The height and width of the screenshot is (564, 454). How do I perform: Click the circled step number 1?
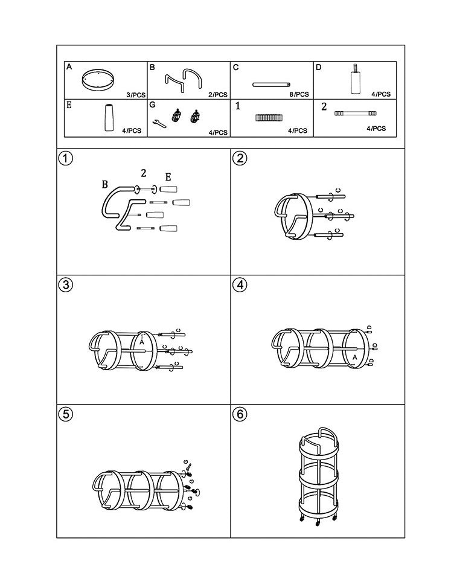point(65,158)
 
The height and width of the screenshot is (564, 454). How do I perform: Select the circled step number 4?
point(240,285)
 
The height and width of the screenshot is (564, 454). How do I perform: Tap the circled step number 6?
point(240,414)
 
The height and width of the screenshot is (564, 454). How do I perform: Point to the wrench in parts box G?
point(159,123)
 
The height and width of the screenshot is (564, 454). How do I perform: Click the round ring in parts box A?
point(98,80)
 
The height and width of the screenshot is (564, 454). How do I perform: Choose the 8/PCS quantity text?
point(299,94)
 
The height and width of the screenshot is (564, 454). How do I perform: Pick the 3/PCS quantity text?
point(136,95)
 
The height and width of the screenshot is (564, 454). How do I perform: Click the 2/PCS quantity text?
point(218,95)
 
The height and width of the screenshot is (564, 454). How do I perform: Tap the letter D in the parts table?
point(318,67)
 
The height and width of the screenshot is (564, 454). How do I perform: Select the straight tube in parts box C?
point(271,85)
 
